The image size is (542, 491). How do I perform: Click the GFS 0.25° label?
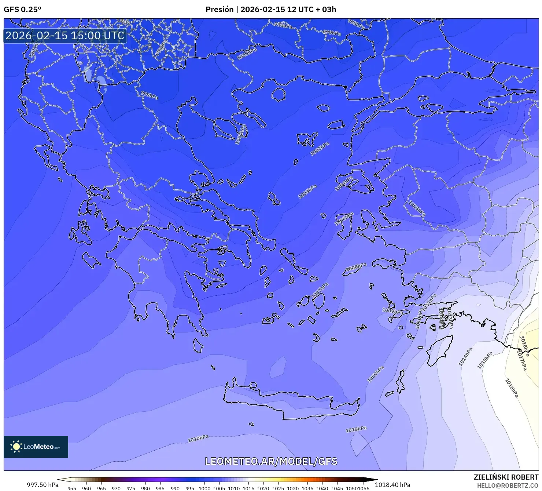pyautogui.click(x=22, y=10)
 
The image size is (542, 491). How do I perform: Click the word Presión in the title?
pyautogui.click(x=219, y=10)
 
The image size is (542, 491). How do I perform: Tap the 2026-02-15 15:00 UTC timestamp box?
pyautogui.click(x=65, y=36)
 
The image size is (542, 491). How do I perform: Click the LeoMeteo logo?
pyautogui.click(x=36, y=447)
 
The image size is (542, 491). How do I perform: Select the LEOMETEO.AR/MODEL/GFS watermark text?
pyautogui.click(x=271, y=461)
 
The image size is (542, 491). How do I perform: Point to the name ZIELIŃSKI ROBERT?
pyautogui.click(x=506, y=477)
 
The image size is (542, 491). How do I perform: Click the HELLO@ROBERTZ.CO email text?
pyautogui.click(x=508, y=485)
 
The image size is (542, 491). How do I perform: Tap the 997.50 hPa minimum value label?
pyautogui.click(x=43, y=485)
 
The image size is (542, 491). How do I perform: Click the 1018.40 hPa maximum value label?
pyautogui.click(x=392, y=485)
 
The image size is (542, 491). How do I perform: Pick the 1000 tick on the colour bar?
pyautogui.click(x=204, y=488)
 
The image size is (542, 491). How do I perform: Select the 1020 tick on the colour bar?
pyautogui.click(x=263, y=488)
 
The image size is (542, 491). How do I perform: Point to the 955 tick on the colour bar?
pyautogui.click(x=72, y=488)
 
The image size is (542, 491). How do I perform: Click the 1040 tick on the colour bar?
pyautogui.click(x=322, y=488)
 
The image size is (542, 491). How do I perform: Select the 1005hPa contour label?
pyautogui.click(x=417, y=208)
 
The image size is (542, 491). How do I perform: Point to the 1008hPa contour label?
pyautogui.click(x=356, y=267)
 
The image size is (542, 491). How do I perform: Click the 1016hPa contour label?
pyautogui.click(x=512, y=388)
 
